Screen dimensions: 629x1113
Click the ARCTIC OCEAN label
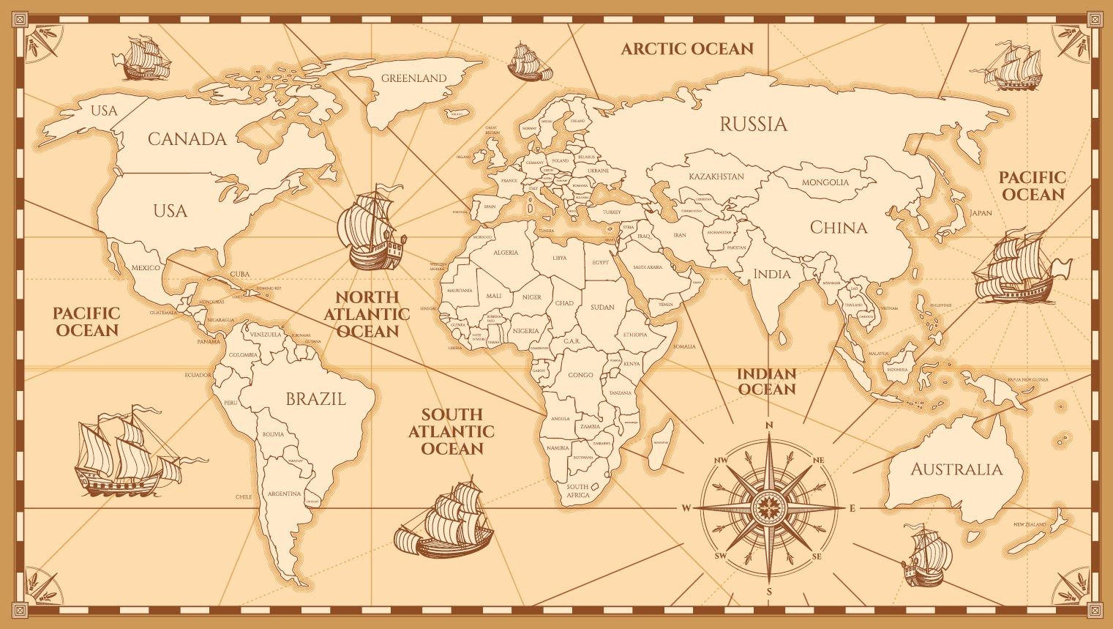pos(686,49)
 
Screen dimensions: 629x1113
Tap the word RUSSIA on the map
pos(753,124)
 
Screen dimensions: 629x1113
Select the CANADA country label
pos(187,138)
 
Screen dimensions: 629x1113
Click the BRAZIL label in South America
pos(315,399)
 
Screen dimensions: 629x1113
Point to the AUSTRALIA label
pos(956,469)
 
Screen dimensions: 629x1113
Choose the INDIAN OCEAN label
pos(766,382)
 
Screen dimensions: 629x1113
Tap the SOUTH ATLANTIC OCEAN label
pos(451,431)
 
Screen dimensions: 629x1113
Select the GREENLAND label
pos(413,78)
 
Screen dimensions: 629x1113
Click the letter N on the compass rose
pos(769,425)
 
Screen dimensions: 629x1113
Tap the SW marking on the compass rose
pos(720,557)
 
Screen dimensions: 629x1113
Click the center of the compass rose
pos(769,507)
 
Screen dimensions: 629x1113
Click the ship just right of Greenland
pos(529,62)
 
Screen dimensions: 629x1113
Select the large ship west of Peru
pos(124,450)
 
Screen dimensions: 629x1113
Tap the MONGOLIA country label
pos(825,182)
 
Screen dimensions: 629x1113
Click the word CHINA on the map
pos(838,228)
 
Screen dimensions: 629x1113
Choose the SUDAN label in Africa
pos(602,308)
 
